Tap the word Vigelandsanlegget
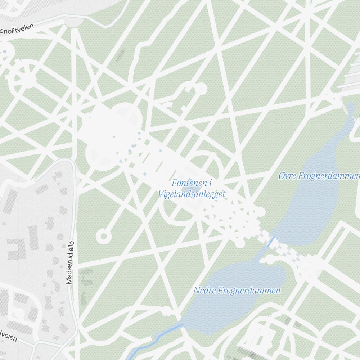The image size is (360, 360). [x=192, y=194]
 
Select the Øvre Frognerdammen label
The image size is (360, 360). [x=319, y=176]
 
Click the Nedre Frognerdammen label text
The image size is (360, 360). [x=237, y=290]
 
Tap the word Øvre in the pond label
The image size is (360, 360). [x=287, y=176]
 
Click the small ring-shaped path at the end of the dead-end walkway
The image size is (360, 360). [x=103, y=236]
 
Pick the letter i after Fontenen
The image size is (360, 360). [x=210, y=183]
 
